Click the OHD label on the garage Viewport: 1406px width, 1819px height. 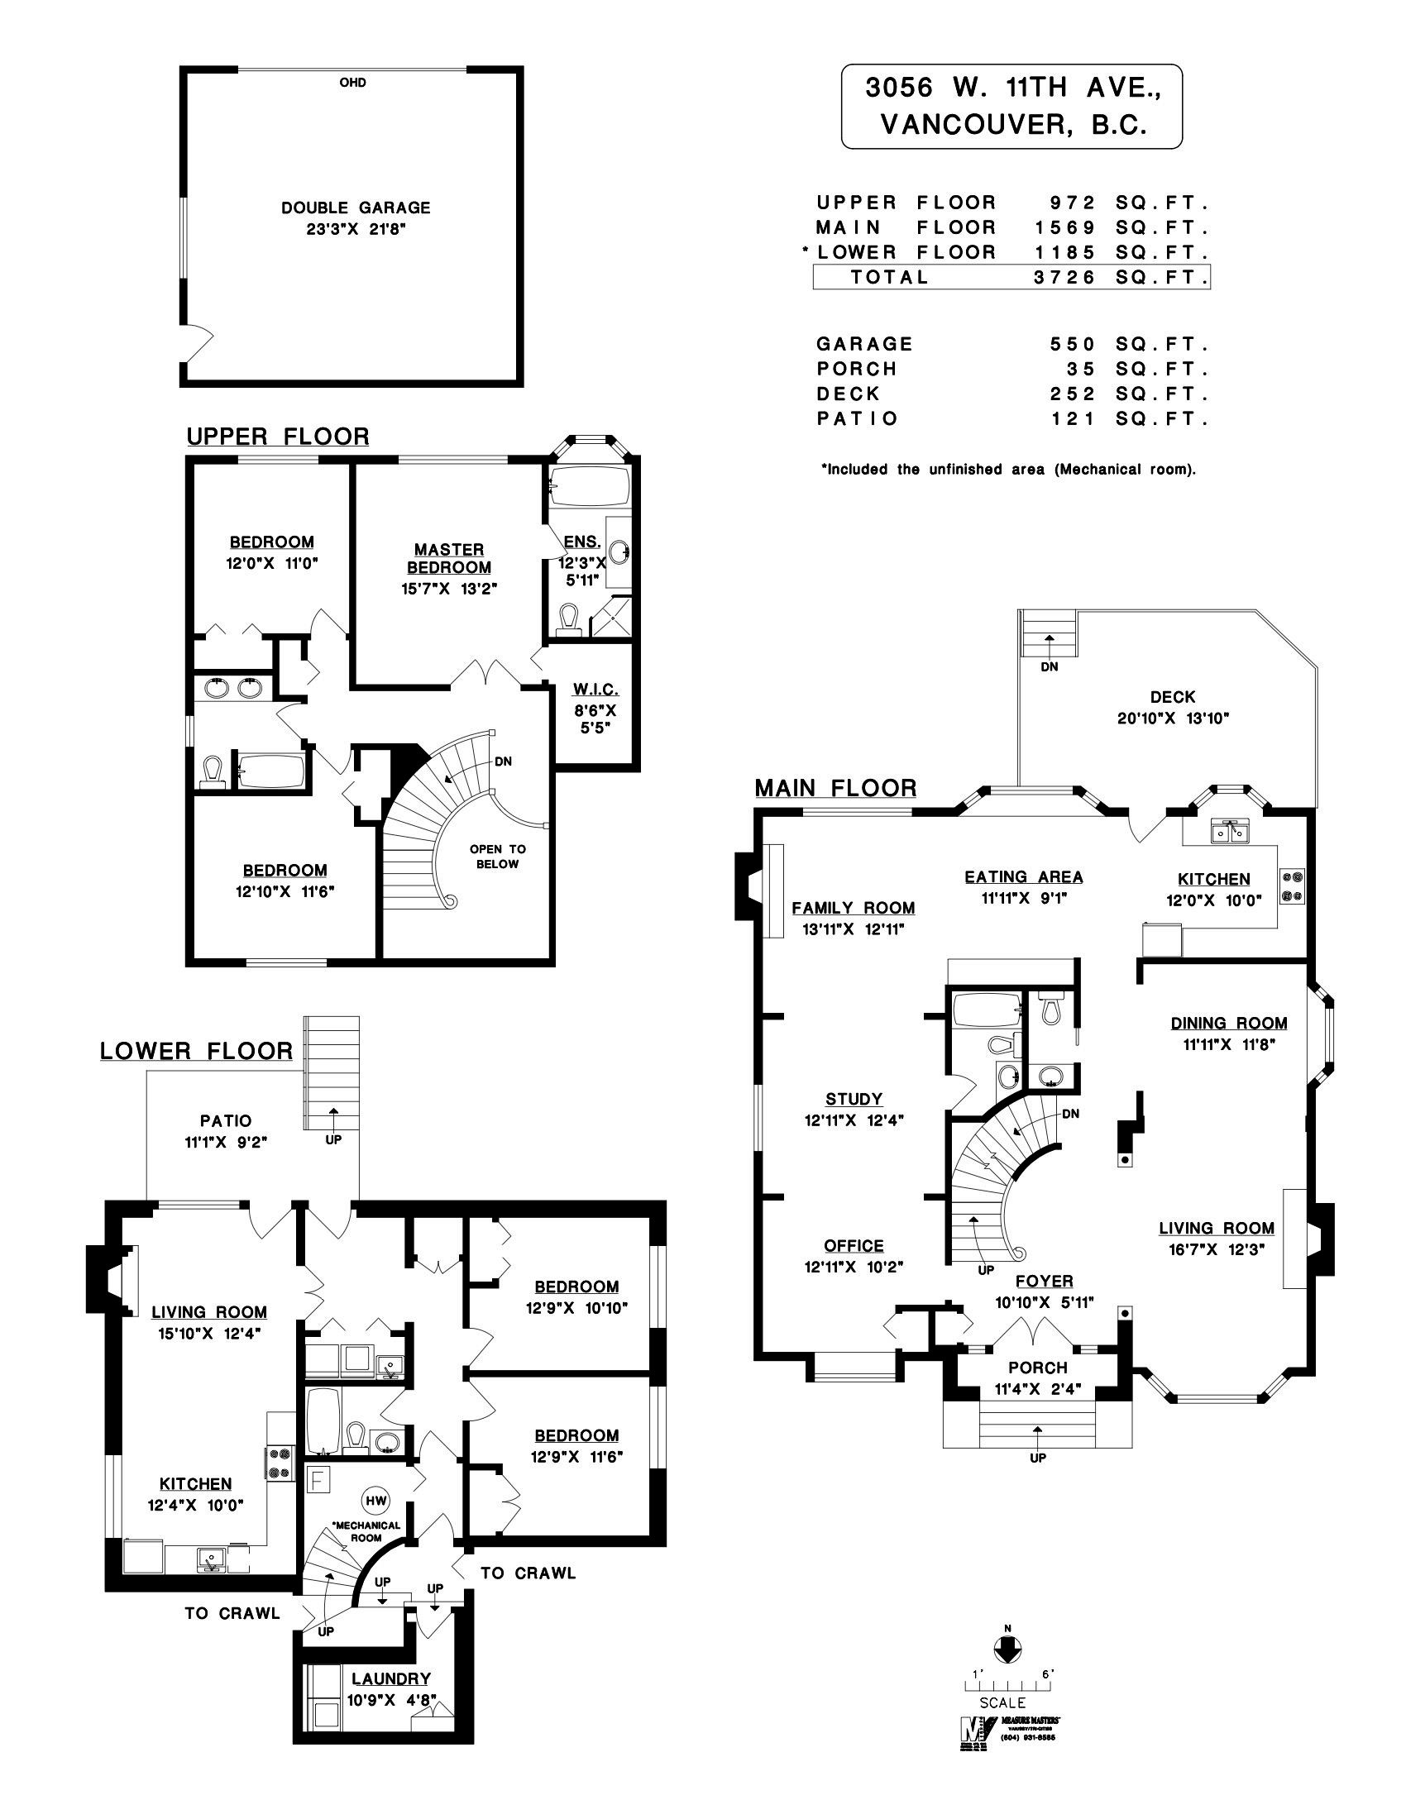[352, 83]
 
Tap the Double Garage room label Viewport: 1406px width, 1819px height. [356, 208]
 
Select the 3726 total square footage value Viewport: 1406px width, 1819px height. [1064, 277]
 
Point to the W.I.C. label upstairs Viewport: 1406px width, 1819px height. [595, 690]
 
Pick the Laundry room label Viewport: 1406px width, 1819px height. [390, 1679]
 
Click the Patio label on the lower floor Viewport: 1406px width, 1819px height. [225, 1121]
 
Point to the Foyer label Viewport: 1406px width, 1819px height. [1044, 1281]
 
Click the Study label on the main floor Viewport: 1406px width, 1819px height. [854, 1099]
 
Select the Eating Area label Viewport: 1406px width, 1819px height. [1024, 876]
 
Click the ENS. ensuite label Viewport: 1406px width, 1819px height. [581, 542]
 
